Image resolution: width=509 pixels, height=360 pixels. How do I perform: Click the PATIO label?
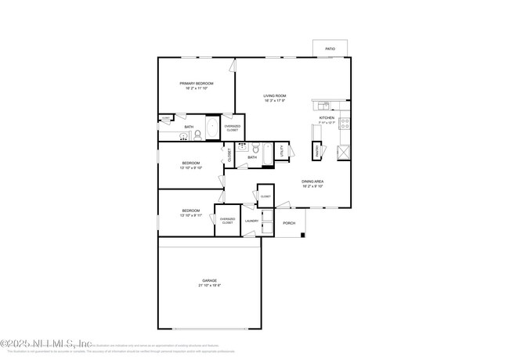click(x=330, y=49)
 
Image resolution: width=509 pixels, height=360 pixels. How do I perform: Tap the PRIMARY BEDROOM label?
click(x=196, y=83)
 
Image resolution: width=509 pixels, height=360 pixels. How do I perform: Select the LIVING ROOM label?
click(x=274, y=95)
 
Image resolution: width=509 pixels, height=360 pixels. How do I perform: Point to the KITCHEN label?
click(x=327, y=117)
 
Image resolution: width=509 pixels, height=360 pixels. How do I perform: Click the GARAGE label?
click(x=209, y=280)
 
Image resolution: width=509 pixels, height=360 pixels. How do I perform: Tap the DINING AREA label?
click(x=313, y=182)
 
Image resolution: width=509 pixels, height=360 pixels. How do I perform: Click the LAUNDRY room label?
click(x=251, y=221)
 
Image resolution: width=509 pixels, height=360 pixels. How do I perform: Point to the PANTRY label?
click(x=317, y=149)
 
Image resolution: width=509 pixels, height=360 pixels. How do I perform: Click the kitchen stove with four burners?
click(x=345, y=123)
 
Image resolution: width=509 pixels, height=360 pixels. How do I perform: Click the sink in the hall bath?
click(x=243, y=146)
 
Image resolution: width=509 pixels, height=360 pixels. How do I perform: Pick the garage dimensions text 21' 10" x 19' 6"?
click(x=209, y=286)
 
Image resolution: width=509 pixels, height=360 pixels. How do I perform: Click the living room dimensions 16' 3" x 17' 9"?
click(x=274, y=101)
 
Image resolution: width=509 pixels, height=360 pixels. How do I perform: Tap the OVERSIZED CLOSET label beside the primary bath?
click(x=233, y=128)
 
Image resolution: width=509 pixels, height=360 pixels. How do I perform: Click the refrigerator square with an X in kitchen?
click(x=343, y=151)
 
